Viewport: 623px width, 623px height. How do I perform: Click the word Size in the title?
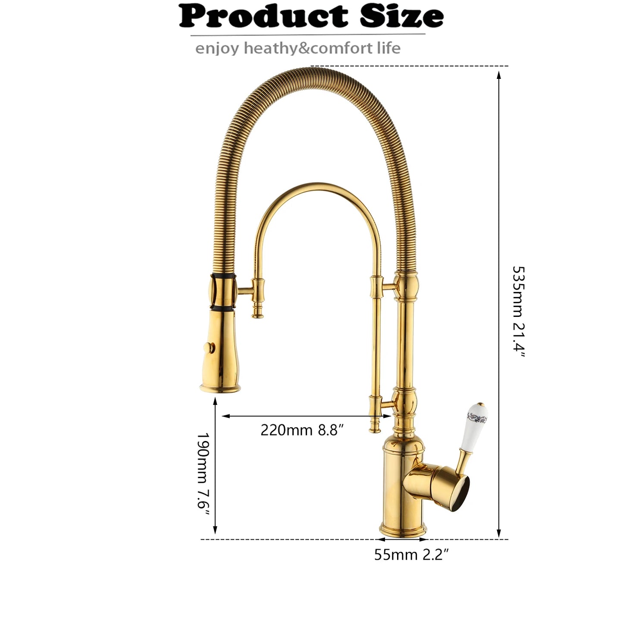pyautogui.click(x=401, y=16)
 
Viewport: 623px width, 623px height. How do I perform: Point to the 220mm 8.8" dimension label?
pyautogui.click(x=302, y=430)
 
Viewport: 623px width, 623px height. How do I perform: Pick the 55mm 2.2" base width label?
pyautogui.click(x=411, y=554)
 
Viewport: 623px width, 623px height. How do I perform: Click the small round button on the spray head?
pyautogui.click(x=210, y=347)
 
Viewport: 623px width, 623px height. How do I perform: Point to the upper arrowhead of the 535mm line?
pyautogui.click(x=499, y=75)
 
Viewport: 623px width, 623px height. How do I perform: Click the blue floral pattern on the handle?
pyautogui.click(x=478, y=417)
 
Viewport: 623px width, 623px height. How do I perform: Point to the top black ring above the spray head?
pyautogui.click(x=223, y=275)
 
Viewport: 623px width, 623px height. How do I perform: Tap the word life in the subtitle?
pyautogui.click(x=389, y=48)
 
